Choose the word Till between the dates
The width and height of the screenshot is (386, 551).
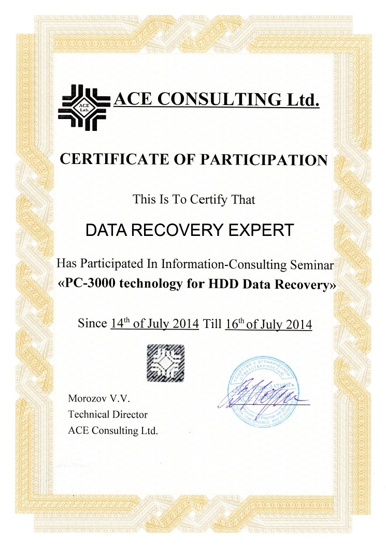pos(213,324)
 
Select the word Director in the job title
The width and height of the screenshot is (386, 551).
pos(130,414)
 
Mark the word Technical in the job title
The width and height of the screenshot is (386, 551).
pos(89,414)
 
